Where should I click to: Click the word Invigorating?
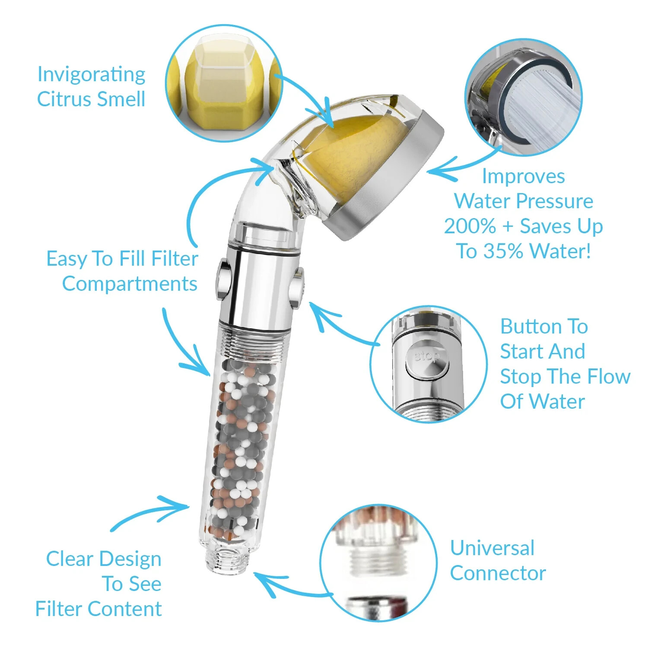click(x=91, y=75)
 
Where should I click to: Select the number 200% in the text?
click(x=470, y=226)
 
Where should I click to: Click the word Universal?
click(x=492, y=548)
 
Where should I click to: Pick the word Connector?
click(x=498, y=573)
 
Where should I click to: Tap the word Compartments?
click(x=130, y=284)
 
